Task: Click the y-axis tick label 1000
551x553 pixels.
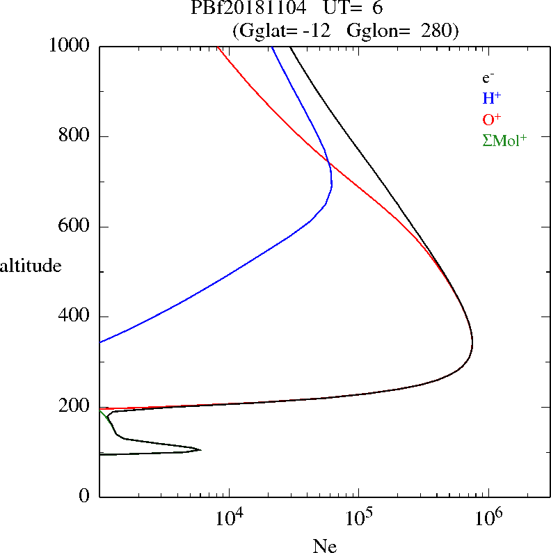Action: point(70,46)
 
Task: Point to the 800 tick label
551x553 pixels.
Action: point(76,136)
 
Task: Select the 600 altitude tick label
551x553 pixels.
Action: point(76,227)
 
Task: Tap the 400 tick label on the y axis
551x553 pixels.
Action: point(76,316)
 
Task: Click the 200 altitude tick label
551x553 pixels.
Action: point(76,407)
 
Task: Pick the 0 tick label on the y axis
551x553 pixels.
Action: point(86,497)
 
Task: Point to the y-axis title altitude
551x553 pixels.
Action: point(31,266)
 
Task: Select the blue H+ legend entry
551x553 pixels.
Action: point(493,99)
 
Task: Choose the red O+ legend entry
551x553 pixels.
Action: point(493,120)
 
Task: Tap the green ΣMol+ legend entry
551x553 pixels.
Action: point(504,141)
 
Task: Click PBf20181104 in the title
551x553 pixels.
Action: point(248,9)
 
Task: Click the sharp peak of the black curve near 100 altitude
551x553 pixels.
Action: point(200,449)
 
